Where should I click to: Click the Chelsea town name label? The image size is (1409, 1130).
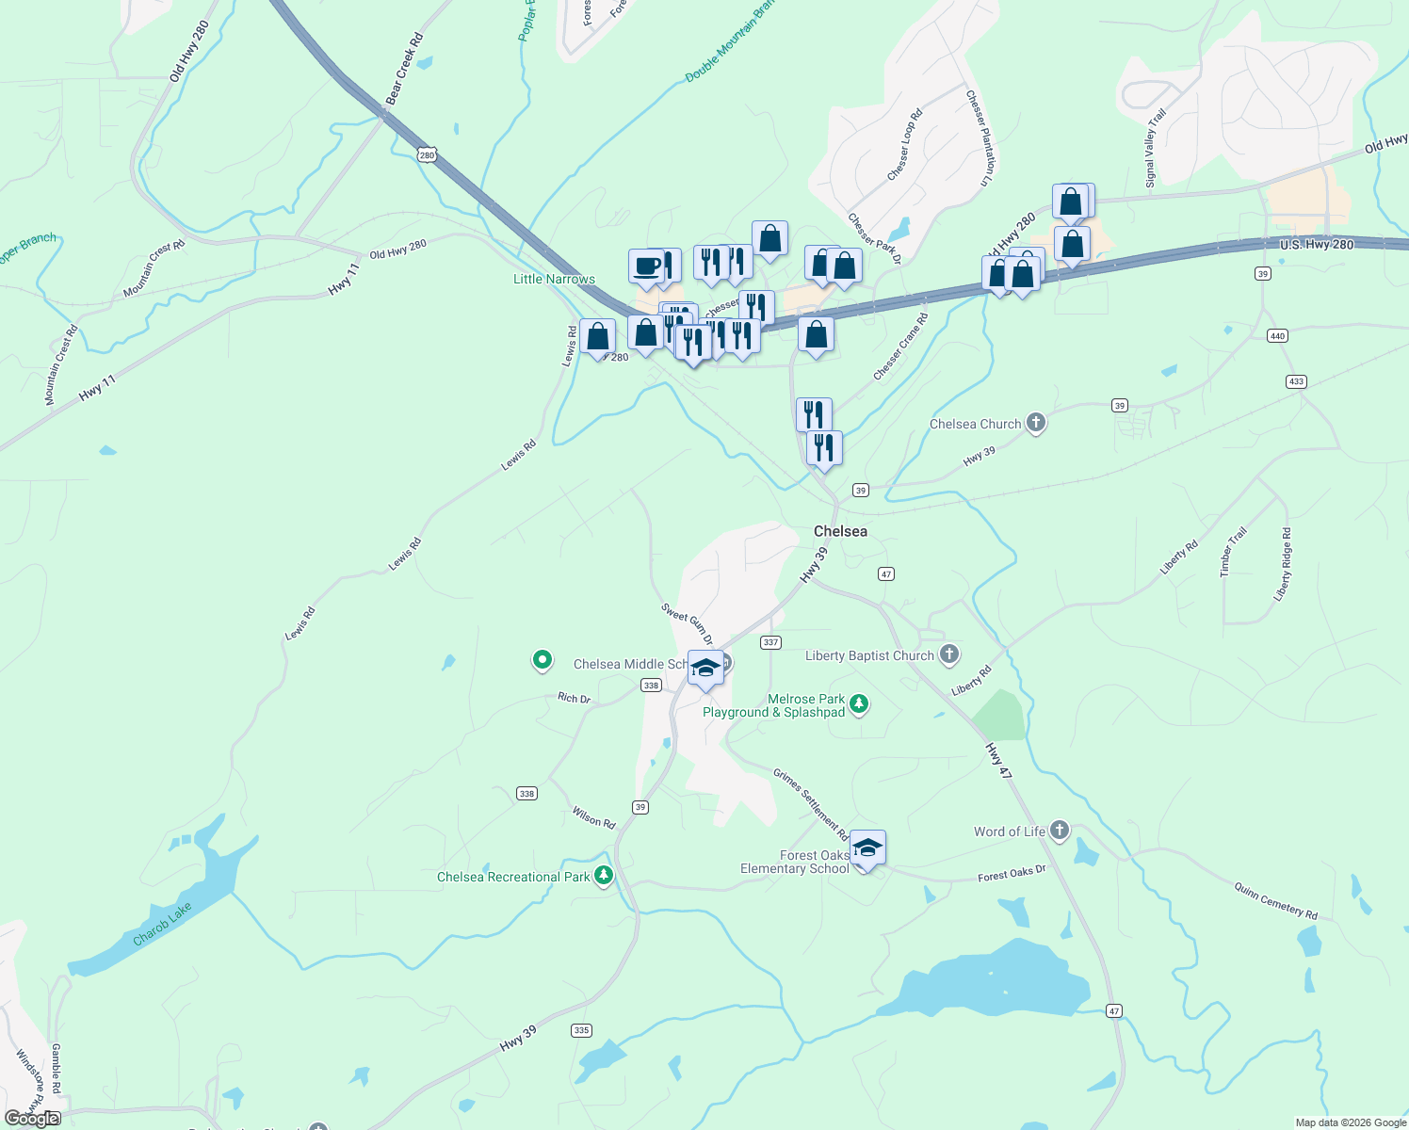pyautogui.click(x=840, y=531)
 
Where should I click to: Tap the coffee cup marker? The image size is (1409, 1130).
pyautogui.click(x=646, y=266)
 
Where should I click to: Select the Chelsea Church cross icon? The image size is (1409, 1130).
pyautogui.click(x=1036, y=423)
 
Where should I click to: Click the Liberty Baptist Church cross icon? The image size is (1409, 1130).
pyautogui.click(x=949, y=654)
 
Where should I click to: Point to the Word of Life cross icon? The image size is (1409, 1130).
pyautogui.click(x=1060, y=831)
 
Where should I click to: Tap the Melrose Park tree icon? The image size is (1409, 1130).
pyautogui.click(x=858, y=703)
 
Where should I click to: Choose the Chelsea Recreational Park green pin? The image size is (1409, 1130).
pyautogui.click(x=604, y=876)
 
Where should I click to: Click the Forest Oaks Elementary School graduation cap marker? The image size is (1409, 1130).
pyautogui.click(x=866, y=848)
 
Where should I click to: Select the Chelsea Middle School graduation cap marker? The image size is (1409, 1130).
pyautogui.click(x=705, y=668)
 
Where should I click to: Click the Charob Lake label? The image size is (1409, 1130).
pyautogui.click(x=162, y=924)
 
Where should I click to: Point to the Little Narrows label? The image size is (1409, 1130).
pyautogui.click(x=554, y=279)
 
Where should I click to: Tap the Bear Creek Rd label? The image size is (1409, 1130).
pyautogui.click(x=404, y=70)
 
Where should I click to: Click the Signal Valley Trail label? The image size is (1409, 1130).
pyautogui.click(x=1156, y=148)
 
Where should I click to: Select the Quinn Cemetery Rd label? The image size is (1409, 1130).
pyautogui.click(x=1276, y=899)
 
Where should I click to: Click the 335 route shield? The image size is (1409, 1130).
pyautogui.click(x=581, y=1030)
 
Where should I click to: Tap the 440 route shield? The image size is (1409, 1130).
pyautogui.click(x=1277, y=336)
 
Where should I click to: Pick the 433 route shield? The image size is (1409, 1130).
pyautogui.click(x=1296, y=381)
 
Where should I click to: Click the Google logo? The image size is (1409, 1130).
pyautogui.click(x=32, y=1119)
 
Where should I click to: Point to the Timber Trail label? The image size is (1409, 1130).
pyautogui.click(x=1233, y=552)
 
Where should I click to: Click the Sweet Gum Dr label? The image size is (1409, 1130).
pyautogui.click(x=688, y=624)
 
